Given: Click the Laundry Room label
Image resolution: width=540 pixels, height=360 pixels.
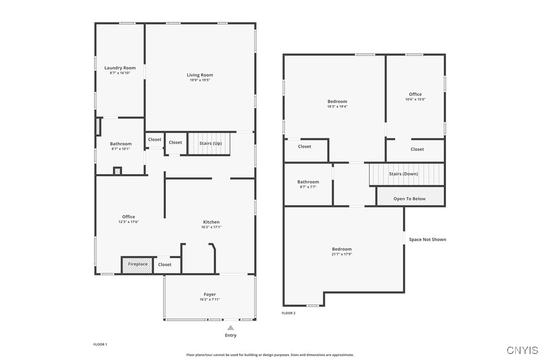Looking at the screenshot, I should (120, 68).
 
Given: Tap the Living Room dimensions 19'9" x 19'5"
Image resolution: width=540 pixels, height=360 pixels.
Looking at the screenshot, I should (200, 80).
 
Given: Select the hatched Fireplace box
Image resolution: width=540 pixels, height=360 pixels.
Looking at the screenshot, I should (138, 265).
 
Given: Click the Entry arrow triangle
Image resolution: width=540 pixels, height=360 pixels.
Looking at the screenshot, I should (231, 328).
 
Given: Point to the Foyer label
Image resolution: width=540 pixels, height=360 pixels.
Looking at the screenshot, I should (210, 294).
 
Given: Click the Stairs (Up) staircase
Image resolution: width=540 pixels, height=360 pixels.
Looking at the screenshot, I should (210, 143).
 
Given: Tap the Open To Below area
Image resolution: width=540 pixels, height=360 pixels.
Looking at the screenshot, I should (410, 199).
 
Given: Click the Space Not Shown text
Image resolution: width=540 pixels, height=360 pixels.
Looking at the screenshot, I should (428, 240).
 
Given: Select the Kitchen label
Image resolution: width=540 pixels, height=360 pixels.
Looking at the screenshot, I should (211, 222).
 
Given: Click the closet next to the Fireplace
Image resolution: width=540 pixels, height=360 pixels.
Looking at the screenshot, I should (165, 265).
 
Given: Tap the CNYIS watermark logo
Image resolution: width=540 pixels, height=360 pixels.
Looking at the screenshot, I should (523, 350).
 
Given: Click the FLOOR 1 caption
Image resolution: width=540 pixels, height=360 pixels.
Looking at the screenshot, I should (100, 345).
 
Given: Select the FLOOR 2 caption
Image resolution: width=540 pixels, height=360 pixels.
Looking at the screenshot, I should (288, 313).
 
